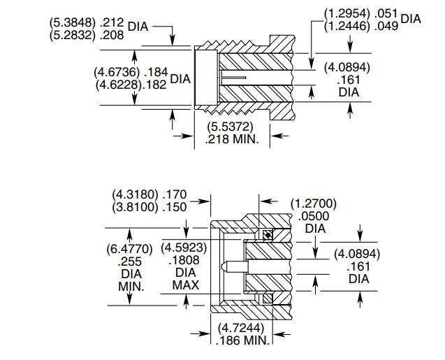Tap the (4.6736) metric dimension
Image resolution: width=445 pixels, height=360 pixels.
coord(116,72)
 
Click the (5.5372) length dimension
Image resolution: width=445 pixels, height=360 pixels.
coord(230,127)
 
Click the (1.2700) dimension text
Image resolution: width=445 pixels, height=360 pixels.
coord(314,204)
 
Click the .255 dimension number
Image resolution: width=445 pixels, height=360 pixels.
coord(130,261)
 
